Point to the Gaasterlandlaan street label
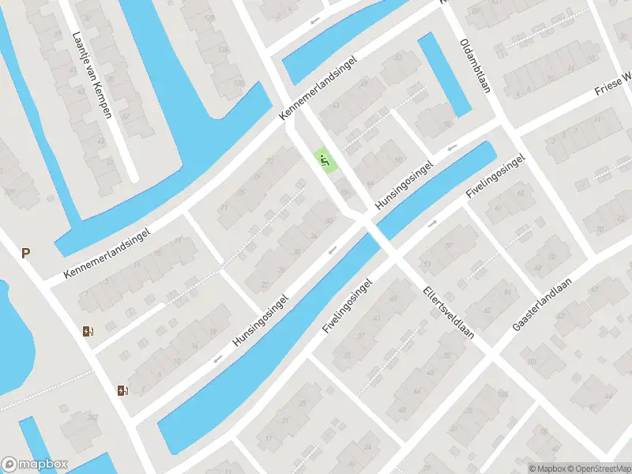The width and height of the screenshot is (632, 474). click(x=543, y=303)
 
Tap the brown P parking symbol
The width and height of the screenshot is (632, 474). click(x=25, y=254)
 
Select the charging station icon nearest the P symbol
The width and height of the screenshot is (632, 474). click(x=87, y=332)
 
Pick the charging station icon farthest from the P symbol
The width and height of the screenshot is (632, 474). click(x=122, y=389)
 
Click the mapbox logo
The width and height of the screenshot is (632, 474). click(x=35, y=465)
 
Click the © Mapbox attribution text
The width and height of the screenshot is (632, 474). click(x=546, y=468)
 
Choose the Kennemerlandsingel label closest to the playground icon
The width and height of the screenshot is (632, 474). click(x=319, y=88)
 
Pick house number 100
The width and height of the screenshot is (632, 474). click(x=344, y=190)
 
